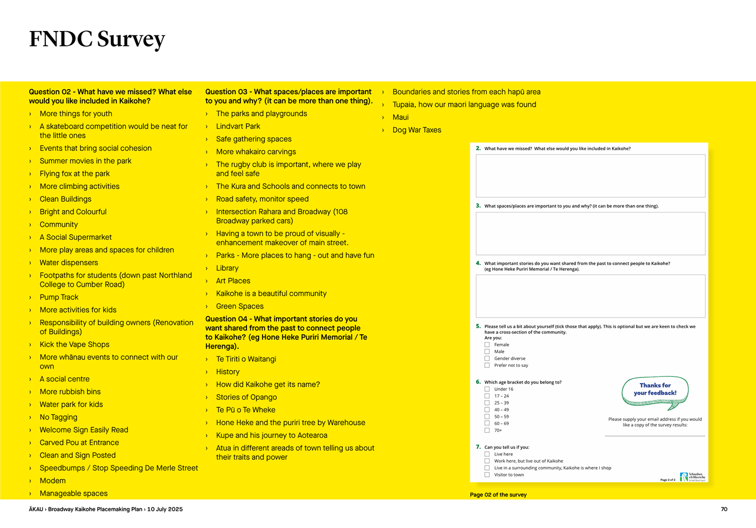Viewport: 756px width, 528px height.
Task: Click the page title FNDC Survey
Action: pos(97,39)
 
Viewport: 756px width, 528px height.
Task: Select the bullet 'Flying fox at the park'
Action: pos(75,174)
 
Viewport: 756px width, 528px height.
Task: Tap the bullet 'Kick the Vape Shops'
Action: pos(74,344)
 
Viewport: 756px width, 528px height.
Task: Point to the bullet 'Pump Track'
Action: pos(59,297)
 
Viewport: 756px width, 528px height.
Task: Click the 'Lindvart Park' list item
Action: pos(238,126)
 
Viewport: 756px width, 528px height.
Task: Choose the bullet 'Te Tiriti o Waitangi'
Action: pos(246,359)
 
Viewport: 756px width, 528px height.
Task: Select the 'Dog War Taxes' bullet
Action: pos(416,130)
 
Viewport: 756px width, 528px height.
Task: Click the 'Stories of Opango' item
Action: pos(246,397)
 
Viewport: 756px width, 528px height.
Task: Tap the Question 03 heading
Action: pos(289,96)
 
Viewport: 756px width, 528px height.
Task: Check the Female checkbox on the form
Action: pos(487,345)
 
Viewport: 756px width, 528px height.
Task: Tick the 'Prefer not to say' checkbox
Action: pos(487,365)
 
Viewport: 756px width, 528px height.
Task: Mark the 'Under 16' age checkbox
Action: pos(487,389)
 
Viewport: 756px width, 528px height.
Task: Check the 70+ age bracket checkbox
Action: pos(487,430)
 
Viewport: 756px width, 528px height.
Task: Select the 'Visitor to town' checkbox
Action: pos(487,475)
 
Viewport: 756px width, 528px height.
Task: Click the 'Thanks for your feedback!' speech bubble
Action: pos(655,392)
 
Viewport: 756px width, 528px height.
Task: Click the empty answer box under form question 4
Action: pos(590,296)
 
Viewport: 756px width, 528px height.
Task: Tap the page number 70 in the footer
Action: pos(724,509)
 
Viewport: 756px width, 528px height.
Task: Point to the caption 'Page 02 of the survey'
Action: pos(498,495)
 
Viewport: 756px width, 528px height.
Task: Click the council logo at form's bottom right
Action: pos(692,477)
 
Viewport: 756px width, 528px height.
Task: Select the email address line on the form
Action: pos(655,436)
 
